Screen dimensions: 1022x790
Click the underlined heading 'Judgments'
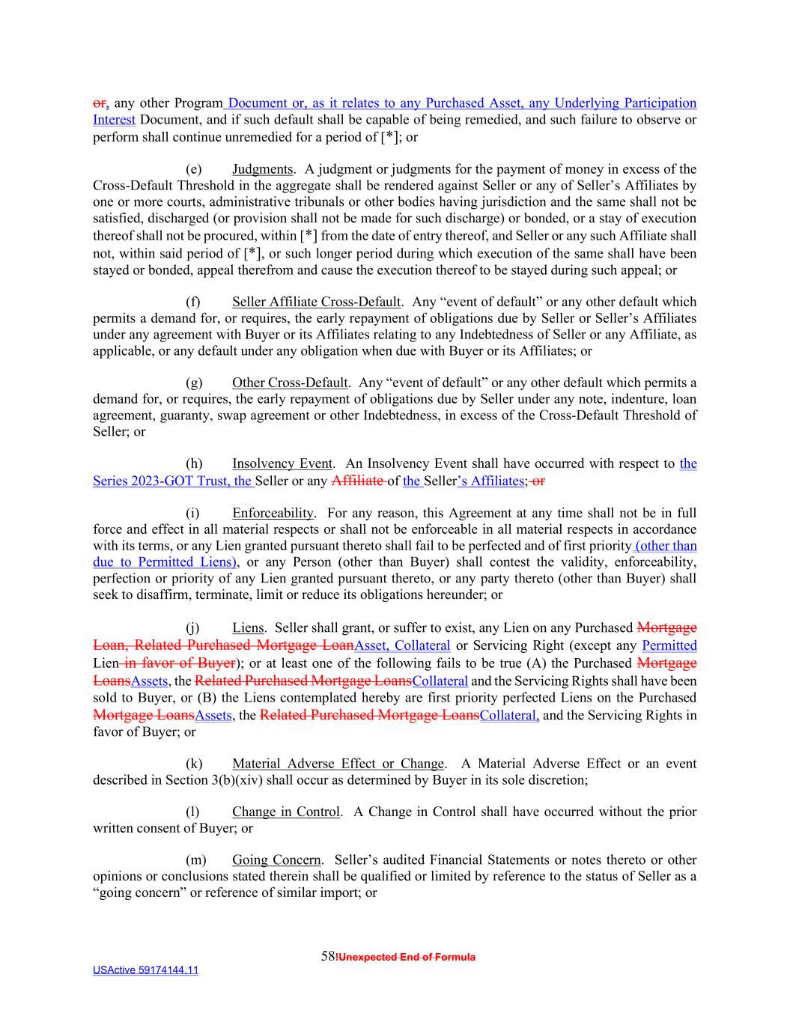tap(262, 169)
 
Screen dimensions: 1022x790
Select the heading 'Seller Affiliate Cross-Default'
tap(316, 302)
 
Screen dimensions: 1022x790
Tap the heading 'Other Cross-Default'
tap(290, 383)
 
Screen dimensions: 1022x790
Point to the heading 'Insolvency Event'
tap(282, 464)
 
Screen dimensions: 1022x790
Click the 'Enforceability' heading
tap(273, 514)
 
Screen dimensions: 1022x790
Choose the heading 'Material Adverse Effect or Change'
tap(338, 764)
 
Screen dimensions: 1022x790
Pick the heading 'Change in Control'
tap(285, 812)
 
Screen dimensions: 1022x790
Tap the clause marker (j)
tap(193, 628)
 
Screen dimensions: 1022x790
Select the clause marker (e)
tap(193, 169)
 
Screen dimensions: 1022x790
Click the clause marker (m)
tap(195, 860)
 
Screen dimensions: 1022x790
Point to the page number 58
tap(328, 956)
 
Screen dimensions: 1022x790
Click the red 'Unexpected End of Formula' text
tap(407, 957)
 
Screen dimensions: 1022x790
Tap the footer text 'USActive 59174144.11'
tap(145, 970)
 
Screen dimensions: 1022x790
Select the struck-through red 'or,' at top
tap(101, 103)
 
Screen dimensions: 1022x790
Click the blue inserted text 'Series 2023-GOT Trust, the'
tap(173, 481)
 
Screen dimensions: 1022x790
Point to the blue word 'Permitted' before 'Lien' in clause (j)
tap(669, 645)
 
